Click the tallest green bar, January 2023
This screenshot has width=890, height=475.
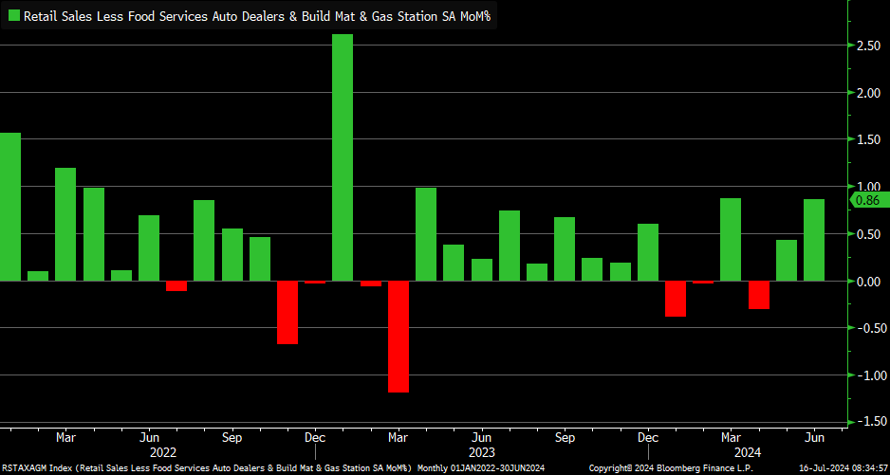click(343, 157)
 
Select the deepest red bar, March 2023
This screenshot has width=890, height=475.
click(398, 337)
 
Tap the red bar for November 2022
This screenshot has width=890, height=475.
click(287, 312)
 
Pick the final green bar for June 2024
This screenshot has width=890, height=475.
click(813, 240)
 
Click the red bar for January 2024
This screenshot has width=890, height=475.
click(676, 299)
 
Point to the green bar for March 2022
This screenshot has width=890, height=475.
click(65, 224)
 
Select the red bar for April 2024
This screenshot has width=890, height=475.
click(758, 295)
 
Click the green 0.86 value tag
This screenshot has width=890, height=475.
click(868, 200)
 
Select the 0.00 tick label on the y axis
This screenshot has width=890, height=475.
click(867, 282)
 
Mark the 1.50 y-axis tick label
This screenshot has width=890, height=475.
click(867, 140)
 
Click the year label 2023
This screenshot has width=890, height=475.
click(481, 453)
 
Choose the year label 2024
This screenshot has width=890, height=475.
click(731, 453)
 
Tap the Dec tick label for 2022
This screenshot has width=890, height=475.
click(315, 438)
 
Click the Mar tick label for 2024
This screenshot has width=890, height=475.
click(731, 438)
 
